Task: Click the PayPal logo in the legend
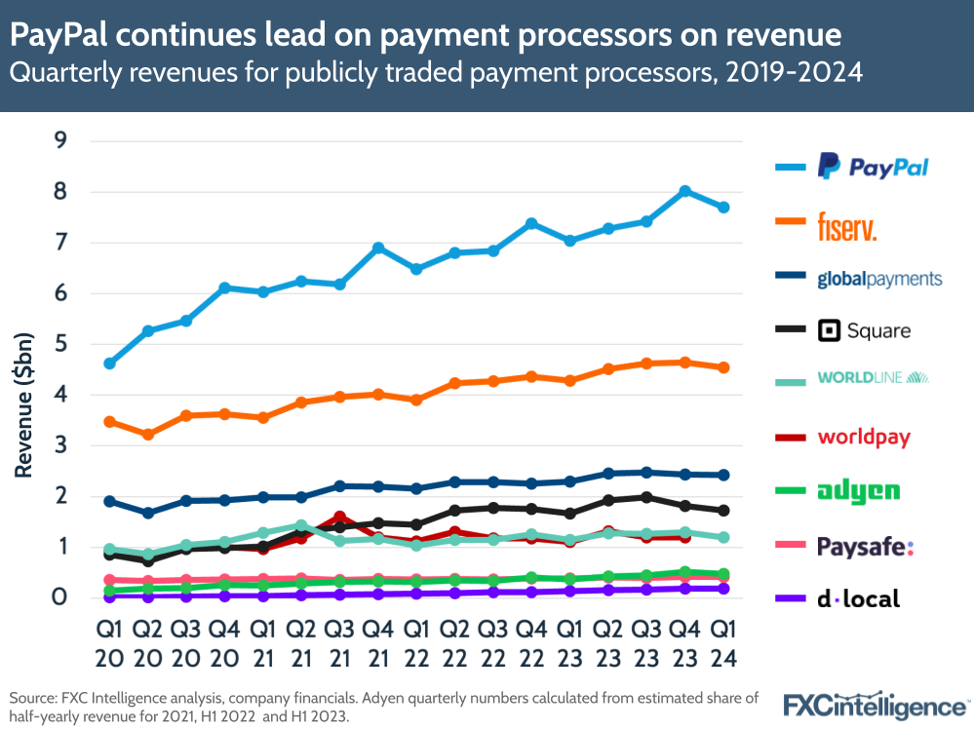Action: click(x=873, y=167)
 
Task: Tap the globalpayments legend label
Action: click(x=879, y=279)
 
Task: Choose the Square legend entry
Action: click(x=864, y=330)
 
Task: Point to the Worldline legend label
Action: click(x=873, y=377)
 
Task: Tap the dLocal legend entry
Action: click(x=858, y=598)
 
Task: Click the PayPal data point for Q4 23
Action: click(x=684, y=191)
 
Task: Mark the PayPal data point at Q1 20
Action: click(x=110, y=364)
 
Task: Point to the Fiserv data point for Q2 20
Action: click(x=148, y=435)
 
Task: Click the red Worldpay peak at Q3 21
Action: click(x=339, y=517)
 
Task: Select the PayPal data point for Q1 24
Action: click(x=723, y=207)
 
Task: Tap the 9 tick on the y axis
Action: click(x=60, y=140)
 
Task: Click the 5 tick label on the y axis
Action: click(x=60, y=344)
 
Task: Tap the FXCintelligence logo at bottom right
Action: click(x=877, y=704)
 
